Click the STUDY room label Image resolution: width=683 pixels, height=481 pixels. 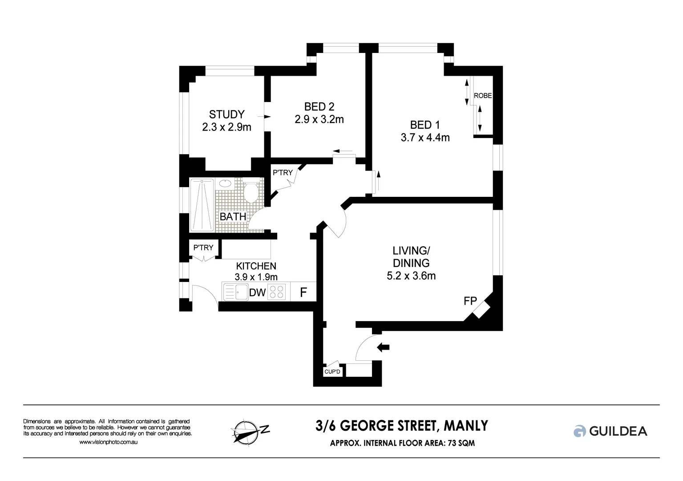point(226,115)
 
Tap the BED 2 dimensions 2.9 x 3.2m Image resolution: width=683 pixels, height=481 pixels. point(319,119)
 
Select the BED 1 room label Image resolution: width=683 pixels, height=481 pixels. point(424,125)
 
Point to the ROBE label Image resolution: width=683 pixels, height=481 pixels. point(483,96)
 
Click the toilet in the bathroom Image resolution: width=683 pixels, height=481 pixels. point(251,192)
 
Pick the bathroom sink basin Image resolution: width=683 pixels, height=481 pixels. point(225,183)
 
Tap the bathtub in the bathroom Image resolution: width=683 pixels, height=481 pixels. point(202,205)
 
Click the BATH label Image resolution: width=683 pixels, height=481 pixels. point(233,217)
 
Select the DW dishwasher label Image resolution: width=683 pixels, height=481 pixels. point(257,293)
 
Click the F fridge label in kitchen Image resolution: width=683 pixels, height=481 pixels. point(303,292)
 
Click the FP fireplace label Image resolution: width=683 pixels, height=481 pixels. point(470,302)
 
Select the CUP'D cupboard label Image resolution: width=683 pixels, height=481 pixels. point(332,371)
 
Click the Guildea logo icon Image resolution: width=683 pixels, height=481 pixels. point(579,431)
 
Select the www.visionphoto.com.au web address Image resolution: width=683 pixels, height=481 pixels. point(108,442)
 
